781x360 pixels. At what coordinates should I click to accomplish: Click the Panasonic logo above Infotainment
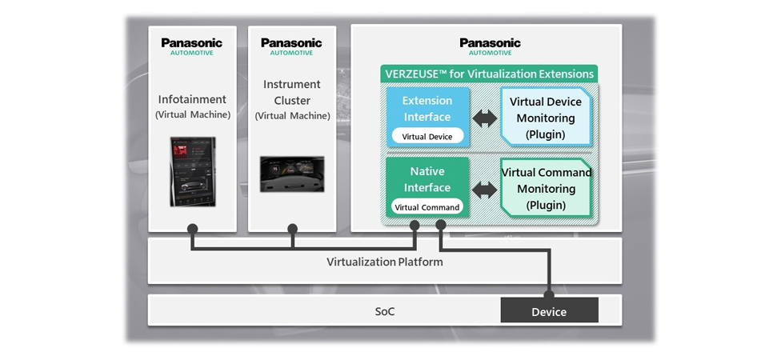[191, 46]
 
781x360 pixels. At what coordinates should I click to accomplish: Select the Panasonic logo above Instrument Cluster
[291, 46]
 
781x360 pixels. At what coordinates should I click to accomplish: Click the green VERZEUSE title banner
[489, 74]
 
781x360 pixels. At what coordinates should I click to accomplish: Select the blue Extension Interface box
[427, 117]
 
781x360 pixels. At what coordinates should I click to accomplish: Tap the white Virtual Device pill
[427, 137]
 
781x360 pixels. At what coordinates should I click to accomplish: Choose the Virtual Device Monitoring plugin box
[546, 118]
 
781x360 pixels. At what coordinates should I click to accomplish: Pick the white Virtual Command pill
[427, 207]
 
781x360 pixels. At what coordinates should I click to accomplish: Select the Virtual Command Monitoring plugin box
[546, 189]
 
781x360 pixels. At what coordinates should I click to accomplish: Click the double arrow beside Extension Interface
[484, 118]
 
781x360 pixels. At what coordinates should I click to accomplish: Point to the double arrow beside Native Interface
[484, 190]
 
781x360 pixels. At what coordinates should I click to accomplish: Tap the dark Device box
[549, 311]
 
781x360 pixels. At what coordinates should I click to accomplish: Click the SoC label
[385, 311]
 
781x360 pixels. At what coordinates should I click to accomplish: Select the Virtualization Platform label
[385, 262]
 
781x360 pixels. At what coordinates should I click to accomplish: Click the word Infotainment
[192, 99]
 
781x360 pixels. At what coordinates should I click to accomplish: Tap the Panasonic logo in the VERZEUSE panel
[490, 46]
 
